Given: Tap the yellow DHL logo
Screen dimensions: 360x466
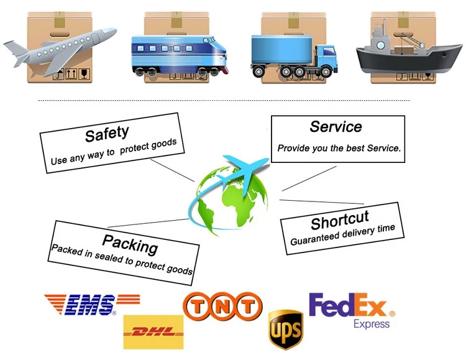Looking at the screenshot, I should pyautogui.click(x=153, y=331).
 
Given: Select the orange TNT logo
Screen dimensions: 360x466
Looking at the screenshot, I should pyautogui.click(x=222, y=307).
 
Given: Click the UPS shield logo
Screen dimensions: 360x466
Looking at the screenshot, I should pyautogui.click(x=285, y=330).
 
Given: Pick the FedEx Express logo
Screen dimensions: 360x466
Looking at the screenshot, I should pyautogui.click(x=349, y=310).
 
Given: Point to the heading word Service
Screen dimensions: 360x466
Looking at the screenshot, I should pyautogui.click(x=336, y=127).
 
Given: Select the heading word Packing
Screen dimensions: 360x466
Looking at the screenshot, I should pyautogui.click(x=130, y=242).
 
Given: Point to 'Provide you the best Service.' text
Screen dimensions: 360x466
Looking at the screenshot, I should pyautogui.click(x=339, y=149).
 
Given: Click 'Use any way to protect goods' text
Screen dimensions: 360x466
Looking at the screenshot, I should pyautogui.click(x=114, y=151).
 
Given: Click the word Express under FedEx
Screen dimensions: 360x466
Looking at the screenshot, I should pyautogui.click(x=372, y=324).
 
